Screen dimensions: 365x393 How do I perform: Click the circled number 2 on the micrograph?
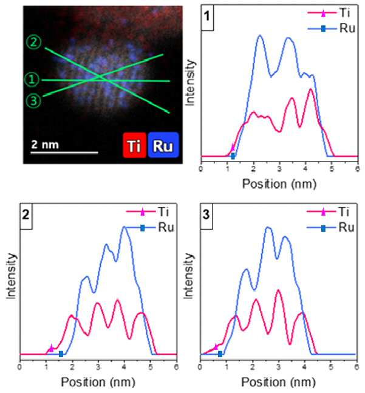pyautogui.click(x=34, y=42)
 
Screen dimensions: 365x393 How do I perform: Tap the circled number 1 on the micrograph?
pyautogui.click(x=32, y=80)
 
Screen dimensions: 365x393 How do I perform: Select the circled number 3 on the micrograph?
pyautogui.click(x=33, y=101)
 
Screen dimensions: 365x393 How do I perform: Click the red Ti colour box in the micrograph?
pyautogui.click(x=135, y=145)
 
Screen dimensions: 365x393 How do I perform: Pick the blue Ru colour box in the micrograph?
pyautogui.click(x=163, y=145)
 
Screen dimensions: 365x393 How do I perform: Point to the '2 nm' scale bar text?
pyautogui.click(x=45, y=145)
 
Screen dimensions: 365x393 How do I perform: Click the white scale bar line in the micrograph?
pyautogui.click(x=64, y=152)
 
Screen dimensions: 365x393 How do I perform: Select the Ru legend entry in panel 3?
pyautogui.click(x=330, y=228)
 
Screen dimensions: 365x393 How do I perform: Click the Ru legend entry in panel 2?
pyautogui.click(x=150, y=228)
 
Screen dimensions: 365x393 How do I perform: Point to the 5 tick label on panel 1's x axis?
pyautogui.click(x=332, y=169)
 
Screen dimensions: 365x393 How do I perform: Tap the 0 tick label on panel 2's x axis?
pyautogui.click(x=20, y=367)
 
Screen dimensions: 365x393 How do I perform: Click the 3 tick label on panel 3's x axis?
pyautogui.click(x=278, y=367)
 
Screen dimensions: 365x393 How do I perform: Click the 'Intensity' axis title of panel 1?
pyautogui.click(x=189, y=83)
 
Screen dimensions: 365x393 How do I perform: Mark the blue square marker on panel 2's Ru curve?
pyautogui.click(x=61, y=354)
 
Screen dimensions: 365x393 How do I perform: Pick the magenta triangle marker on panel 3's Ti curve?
pyautogui.click(x=216, y=347)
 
